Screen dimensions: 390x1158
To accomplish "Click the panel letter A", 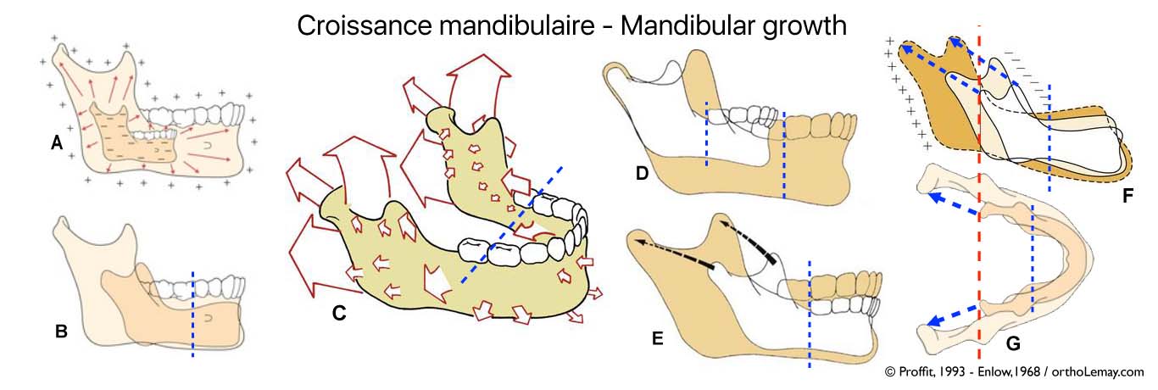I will click(57, 144).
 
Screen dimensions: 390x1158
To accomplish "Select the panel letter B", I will click(61, 331).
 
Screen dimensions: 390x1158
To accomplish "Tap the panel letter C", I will click(338, 313).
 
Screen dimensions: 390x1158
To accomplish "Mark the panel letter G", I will click(1013, 343).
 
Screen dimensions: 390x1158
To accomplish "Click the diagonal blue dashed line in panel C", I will click(509, 230).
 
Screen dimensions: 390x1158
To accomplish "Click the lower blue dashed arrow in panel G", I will click(955, 313).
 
